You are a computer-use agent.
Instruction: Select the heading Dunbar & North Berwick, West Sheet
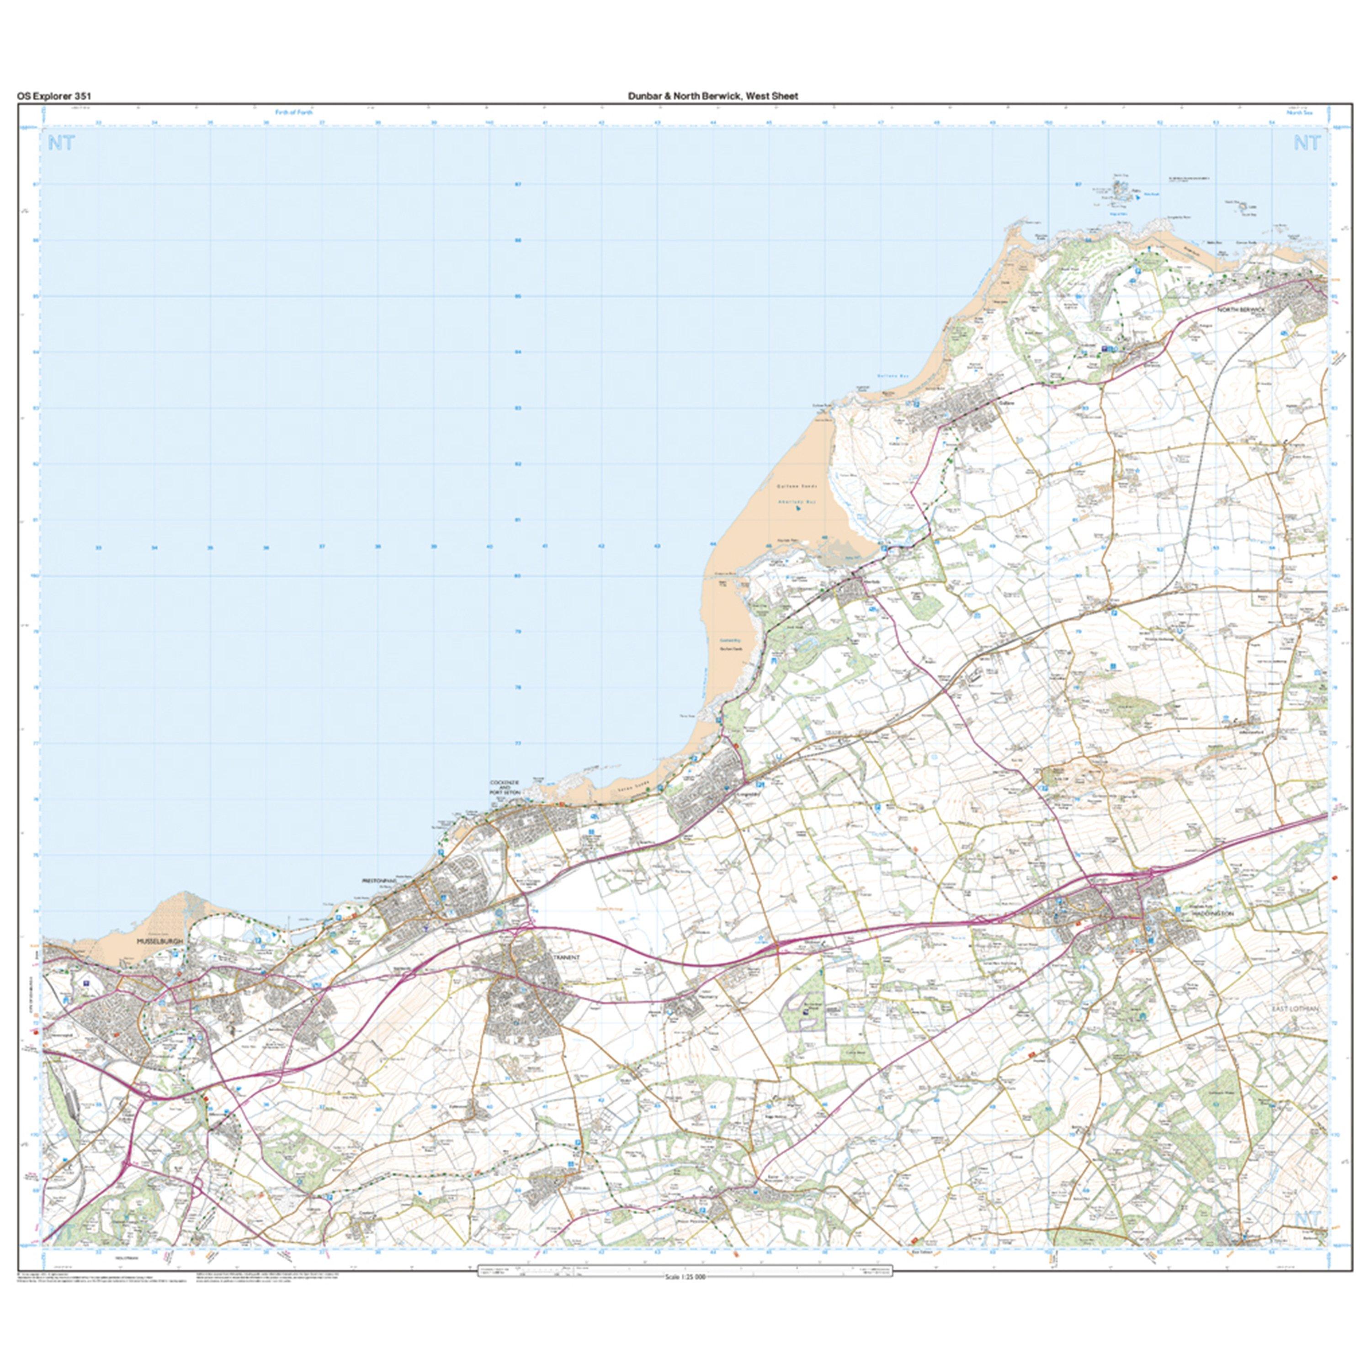712,96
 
